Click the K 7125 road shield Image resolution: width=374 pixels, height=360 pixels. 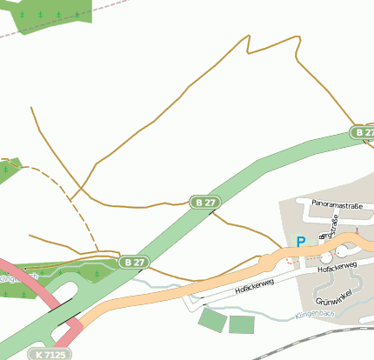coord(50,354)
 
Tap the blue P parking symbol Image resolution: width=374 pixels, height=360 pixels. coord(301,243)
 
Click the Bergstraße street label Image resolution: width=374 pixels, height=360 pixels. coord(329,228)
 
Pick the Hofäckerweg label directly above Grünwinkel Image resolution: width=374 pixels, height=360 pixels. coord(337,270)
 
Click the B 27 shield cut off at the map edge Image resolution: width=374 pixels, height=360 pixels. coord(363,132)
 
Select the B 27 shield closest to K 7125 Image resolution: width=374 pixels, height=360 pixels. coord(134,262)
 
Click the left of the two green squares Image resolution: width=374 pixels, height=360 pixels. coord(211,319)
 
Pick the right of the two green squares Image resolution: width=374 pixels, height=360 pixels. coord(241,324)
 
